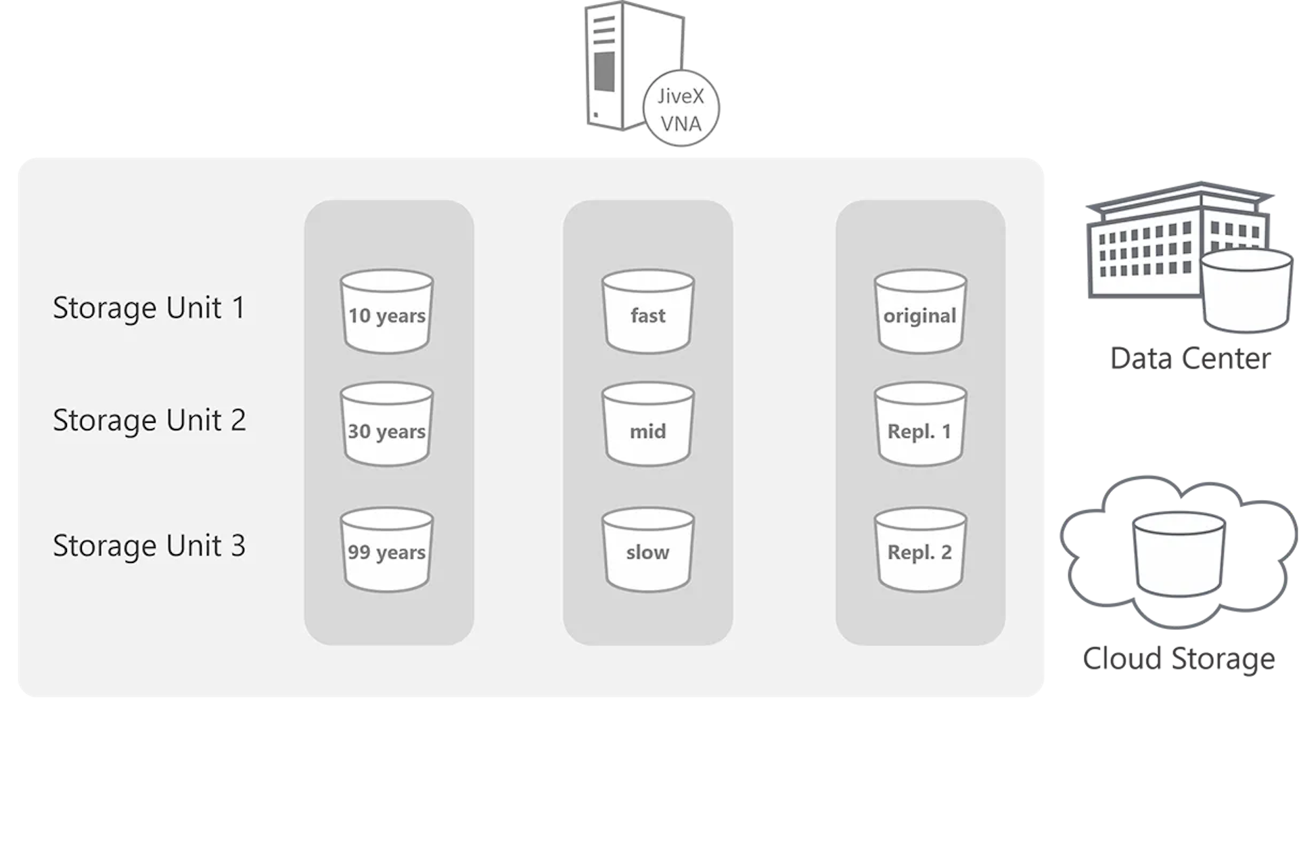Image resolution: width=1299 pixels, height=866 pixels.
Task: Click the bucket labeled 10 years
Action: (x=387, y=312)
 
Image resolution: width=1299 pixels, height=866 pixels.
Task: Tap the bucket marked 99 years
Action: (x=387, y=551)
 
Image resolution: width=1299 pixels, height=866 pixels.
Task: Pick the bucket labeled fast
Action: (x=648, y=312)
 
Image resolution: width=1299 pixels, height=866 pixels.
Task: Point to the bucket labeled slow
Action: (x=648, y=551)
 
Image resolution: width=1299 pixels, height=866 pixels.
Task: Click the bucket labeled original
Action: (x=920, y=312)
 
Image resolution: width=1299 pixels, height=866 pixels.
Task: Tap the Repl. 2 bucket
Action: (x=920, y=551)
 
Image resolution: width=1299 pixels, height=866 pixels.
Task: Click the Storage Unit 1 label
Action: (x=149, y=308)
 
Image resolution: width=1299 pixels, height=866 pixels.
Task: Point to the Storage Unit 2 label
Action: (x=149, y=420)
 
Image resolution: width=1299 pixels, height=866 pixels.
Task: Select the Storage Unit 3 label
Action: (x=149, y=546)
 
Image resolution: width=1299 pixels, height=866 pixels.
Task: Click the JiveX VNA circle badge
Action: (x=681, y=110)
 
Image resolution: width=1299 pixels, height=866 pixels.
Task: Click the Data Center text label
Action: (x=1190, y=359)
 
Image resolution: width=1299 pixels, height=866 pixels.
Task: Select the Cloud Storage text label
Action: (x=1179, y=658)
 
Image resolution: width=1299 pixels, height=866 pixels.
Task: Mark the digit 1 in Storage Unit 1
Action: (x=238, y=308)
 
